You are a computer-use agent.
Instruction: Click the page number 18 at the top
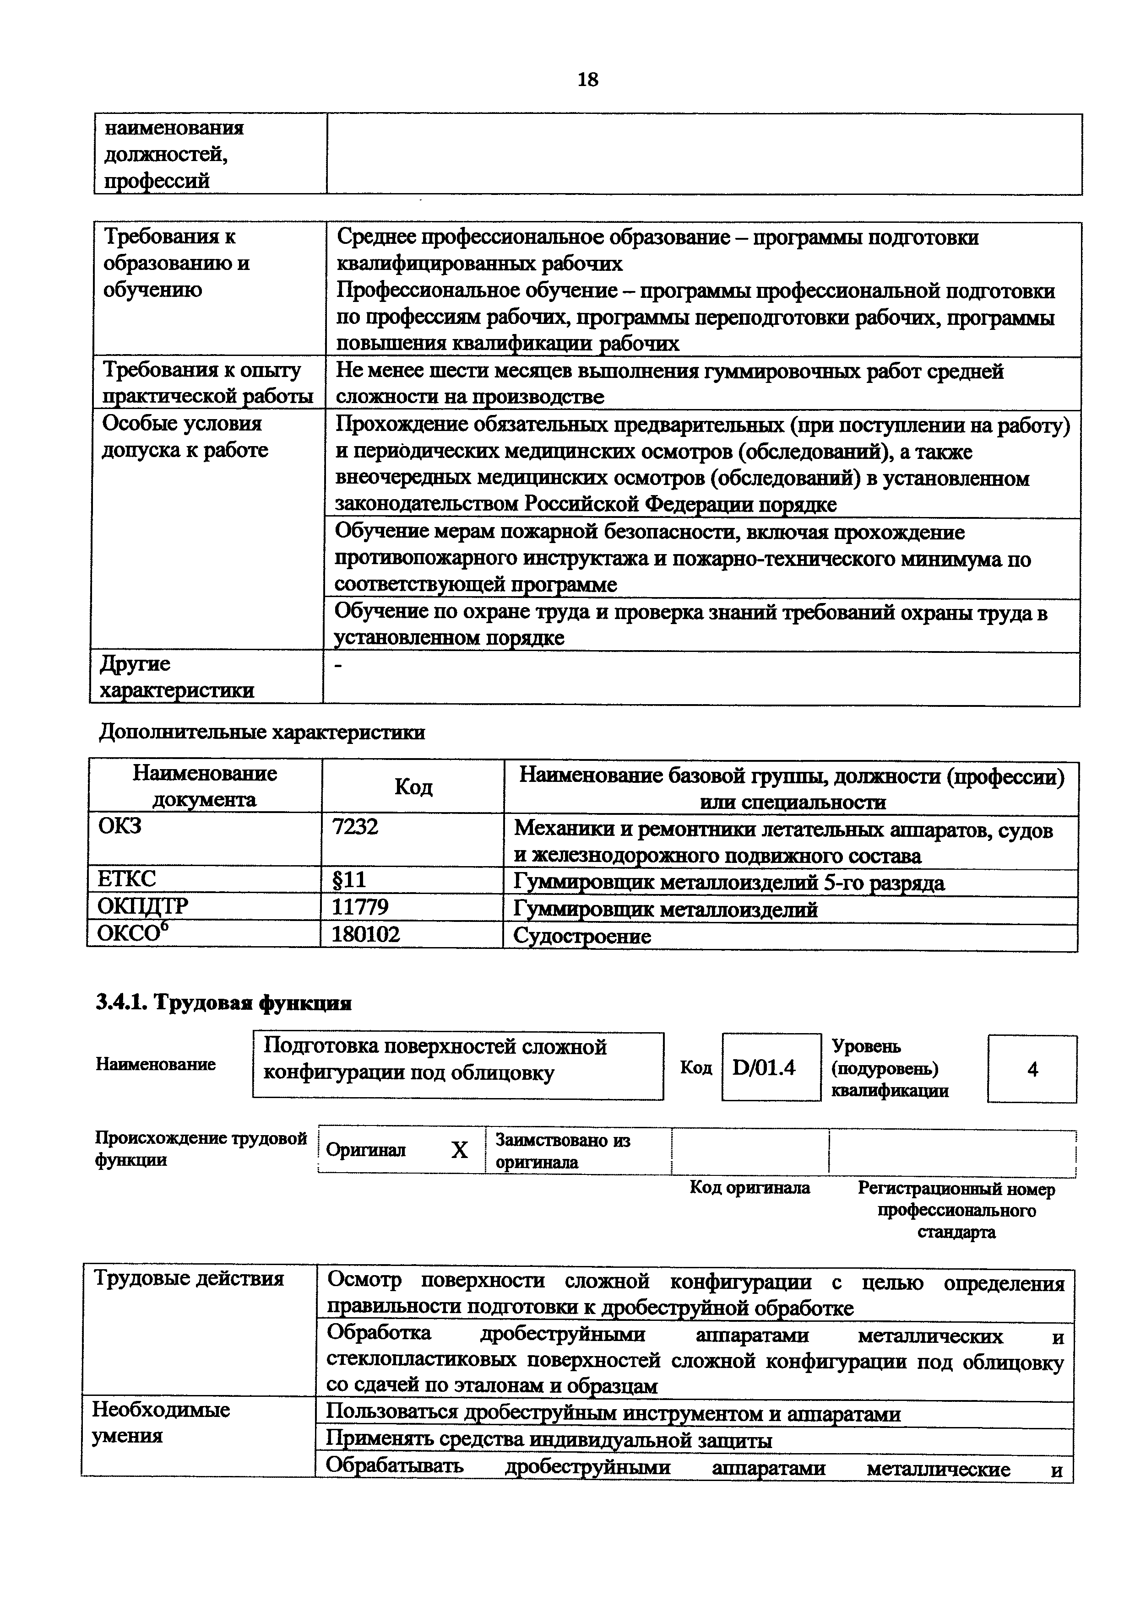(587, 80)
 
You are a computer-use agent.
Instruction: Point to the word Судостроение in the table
(582, 936)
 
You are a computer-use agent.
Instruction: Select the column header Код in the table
(413, 787)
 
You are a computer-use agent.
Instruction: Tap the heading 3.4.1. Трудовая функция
(224, 1003)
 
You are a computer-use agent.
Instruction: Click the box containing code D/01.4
(771, 1067)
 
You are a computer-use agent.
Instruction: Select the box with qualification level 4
(1032, 1069)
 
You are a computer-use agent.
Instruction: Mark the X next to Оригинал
(459, 1150)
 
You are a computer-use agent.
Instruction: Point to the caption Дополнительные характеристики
(262, 732)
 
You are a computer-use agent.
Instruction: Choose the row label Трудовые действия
(189, 1278)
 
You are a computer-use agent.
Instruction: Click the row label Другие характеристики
(176, 677)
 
